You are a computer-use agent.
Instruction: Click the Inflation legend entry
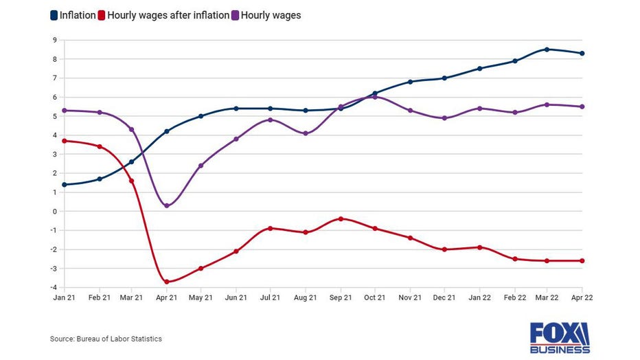(x=73, y=14)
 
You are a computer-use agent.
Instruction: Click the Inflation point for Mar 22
(x=547, y=49)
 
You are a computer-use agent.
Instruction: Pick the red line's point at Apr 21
(x=167, y=282)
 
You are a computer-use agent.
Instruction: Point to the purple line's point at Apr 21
(x=167, y=205)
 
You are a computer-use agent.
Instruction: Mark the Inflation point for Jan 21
(x=63, y=185)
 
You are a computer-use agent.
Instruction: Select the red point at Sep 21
(x=340, y=218)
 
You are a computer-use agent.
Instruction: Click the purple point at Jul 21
(x=271, y=120)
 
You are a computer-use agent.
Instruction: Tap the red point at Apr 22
(x=582, y=260)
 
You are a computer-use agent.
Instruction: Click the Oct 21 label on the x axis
(x=374, y=297)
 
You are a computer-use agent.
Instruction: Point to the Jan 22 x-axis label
(x=478, y=297)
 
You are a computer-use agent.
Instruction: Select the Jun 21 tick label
(x=236, y=297)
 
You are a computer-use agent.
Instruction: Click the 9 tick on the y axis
(x=54, y=40)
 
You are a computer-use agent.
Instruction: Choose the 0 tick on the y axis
(x=54, y=212)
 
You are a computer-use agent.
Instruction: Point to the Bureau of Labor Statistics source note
(x=106, y=339)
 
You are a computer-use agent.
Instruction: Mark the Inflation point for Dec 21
(x=444, y=78)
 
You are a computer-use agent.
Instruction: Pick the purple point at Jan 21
(x=63, y=111)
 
